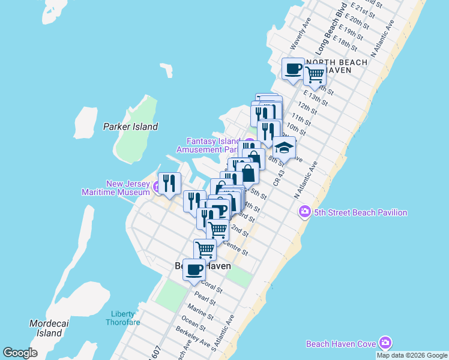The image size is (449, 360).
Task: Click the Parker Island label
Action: pyautogui.click(x=130, y=127)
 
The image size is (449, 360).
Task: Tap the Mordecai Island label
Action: pyautogui.click(x=46, y=328)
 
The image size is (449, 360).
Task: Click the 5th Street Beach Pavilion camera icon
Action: pyautogui.click(x=305, y=212)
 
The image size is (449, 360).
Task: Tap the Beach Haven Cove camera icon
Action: pyautogui.click(x=385, y=343)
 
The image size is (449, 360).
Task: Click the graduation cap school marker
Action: pyautogui.click(x=284, y=147)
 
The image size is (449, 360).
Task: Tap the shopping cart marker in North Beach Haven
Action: pyautogui.click(x=315, y=74)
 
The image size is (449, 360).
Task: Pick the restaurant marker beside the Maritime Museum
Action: pyautogui.click(x=169, y=183)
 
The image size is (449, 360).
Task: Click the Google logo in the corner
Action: pyautogui.click(x=20, y=353)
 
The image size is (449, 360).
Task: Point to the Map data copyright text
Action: pyautogui.click(x=412, y=355)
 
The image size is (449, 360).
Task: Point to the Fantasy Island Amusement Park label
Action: pyautogui.click(x=208, y=145)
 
